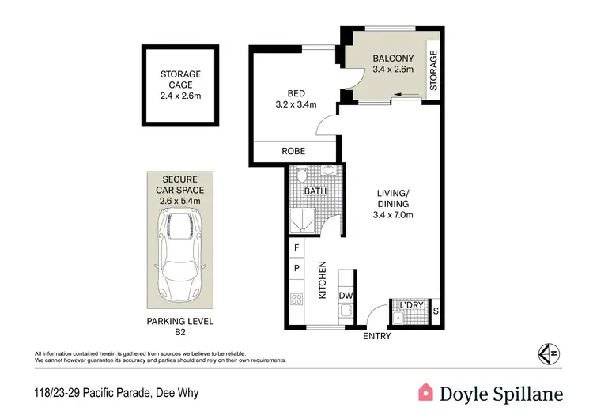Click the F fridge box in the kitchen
(296, 247)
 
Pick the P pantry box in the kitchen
(296, 268)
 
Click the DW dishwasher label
(345, 296)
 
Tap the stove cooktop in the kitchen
(297, 300)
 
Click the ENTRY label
(376, 337)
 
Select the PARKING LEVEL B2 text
(180, 326)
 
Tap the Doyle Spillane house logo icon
(426, 392)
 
